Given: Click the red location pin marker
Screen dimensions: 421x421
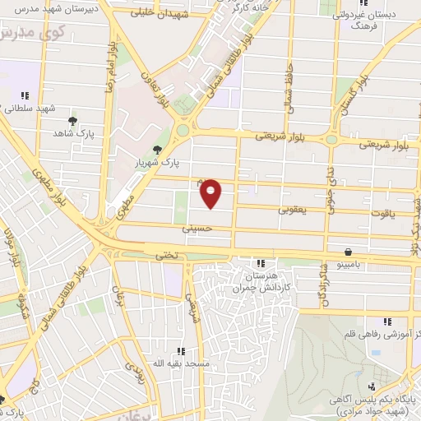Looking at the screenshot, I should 211,192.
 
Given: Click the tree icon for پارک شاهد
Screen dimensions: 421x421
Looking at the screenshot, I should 73,121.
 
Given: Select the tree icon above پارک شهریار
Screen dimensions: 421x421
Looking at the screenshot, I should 157,149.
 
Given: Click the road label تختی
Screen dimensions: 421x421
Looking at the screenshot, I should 167,256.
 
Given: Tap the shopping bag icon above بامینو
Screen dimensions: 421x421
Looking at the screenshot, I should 349,252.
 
